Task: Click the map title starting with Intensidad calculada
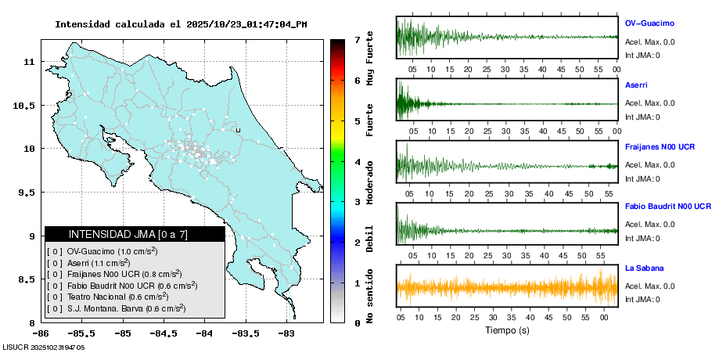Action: click(x=181, y=24)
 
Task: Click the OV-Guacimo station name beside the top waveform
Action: click(x=649, y=23)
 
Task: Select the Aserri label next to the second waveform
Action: click(x=636, y=85)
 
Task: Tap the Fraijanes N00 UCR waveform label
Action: click(x=660, y=146)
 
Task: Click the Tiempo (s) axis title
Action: click(x=506, y=330)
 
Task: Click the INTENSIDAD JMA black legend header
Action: click(x=135, y=234)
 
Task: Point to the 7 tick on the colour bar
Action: click(x=357, y=39)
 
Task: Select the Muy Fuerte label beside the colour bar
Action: click(x=369, y=59)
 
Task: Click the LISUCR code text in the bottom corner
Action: click(x=43, y=347)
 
